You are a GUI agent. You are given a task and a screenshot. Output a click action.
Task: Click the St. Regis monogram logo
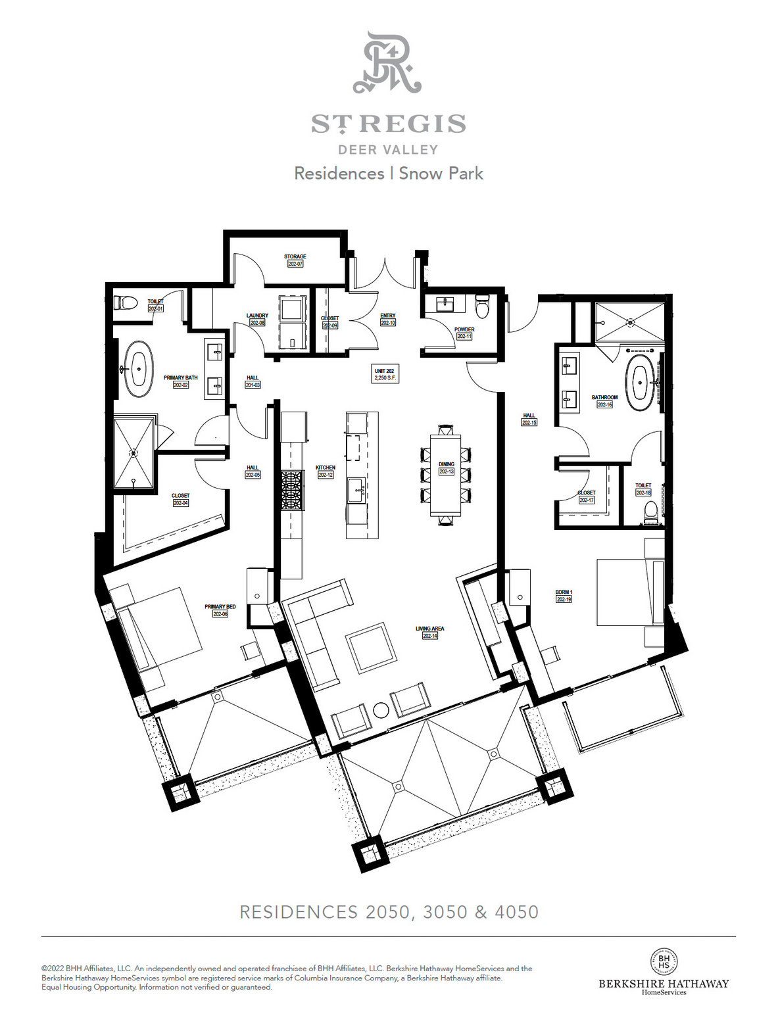tap(387, 63)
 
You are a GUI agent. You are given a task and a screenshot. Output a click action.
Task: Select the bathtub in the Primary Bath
tap(138, 368)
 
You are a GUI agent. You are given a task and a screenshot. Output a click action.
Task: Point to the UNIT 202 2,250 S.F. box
tap(385, 374)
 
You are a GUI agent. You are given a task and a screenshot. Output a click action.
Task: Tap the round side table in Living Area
tap(381, 710)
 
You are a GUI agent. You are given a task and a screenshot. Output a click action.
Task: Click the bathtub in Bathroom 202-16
tap(639, 383)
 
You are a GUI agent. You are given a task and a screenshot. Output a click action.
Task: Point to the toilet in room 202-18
tap(650, 512)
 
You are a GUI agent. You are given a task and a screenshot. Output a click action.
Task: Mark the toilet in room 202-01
tap(126, 303)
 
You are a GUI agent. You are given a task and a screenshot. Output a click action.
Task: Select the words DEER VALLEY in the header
tap(388, 150)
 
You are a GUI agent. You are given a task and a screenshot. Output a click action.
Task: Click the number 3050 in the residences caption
tap(445, 912)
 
